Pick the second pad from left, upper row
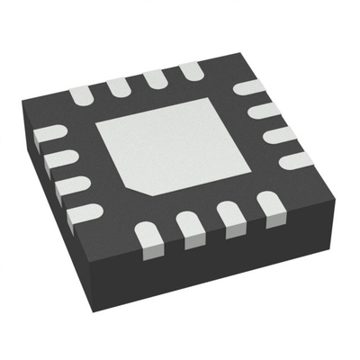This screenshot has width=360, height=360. pos(117,85)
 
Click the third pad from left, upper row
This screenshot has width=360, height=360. pos(154,77)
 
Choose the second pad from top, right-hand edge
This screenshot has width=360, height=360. pos(264,112)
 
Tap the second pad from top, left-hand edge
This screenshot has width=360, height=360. pos(58,160)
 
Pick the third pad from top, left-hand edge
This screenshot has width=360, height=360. pos(71,185)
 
